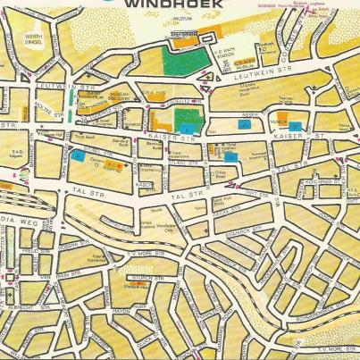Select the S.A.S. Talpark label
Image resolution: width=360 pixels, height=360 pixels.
15,154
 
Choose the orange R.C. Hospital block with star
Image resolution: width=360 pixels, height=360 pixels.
114,166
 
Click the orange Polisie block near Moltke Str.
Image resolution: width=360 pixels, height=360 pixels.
80,106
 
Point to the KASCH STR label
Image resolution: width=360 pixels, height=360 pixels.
144,184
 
